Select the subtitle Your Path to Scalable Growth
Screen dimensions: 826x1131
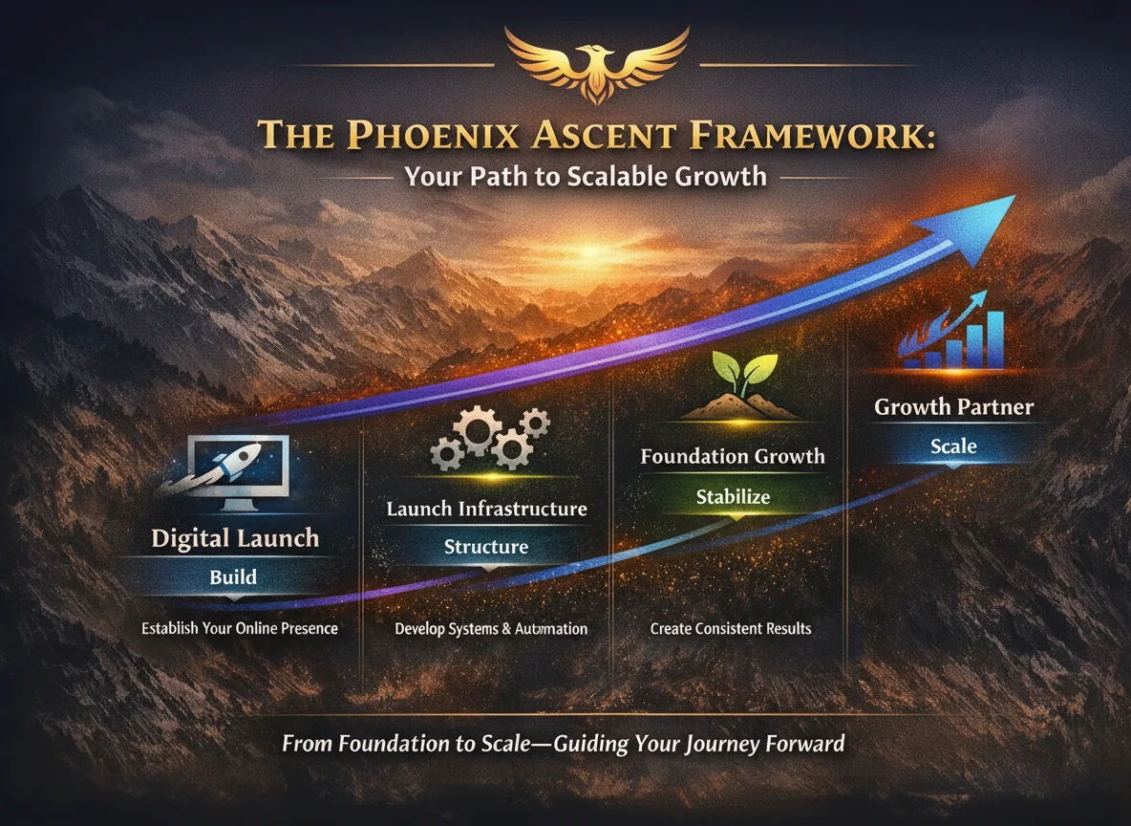(585, 177)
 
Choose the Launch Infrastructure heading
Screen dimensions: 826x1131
(486, 508)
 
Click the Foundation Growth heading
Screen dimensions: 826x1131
(733, 456)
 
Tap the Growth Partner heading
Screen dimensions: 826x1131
(953, 407)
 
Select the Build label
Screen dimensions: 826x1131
(233, 576)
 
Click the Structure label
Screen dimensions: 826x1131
(486, 547)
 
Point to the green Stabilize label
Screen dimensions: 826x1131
(733, 497)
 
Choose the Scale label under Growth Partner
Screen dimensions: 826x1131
(953, 446)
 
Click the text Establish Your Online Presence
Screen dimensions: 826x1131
(240, 629)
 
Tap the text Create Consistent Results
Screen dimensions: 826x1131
(731, 629)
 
